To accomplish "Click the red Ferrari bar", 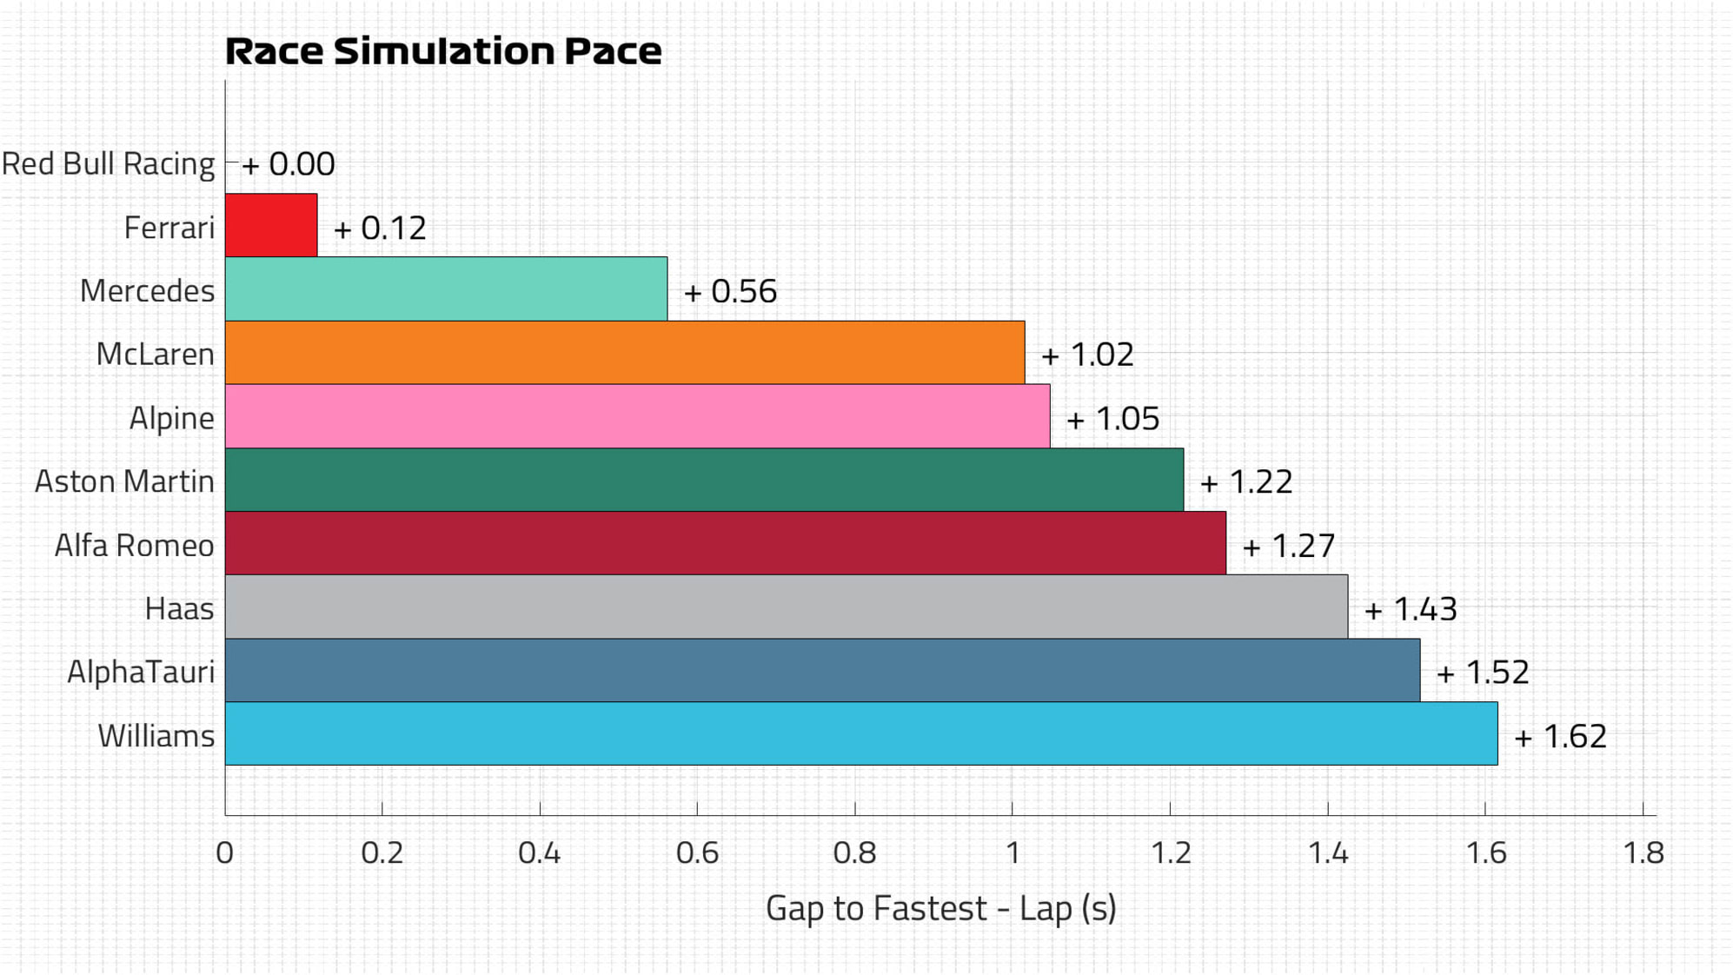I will coord(271,225).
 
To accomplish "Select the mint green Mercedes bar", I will coord(446,289).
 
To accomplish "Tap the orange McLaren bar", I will coord(624,353).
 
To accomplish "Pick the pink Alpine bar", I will coord(637,416).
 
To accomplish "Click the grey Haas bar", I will coord(786,607).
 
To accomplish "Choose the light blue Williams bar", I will coord(860,734).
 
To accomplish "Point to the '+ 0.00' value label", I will coord(289,164).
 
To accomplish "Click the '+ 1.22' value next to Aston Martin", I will coord(1246,481).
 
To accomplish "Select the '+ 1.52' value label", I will coord(1483,672).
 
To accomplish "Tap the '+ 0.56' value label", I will coord(730,291).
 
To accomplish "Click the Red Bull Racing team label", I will coord(108,164).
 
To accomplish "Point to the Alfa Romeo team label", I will coord(134,546).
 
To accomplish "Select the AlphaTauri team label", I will coord(141,672).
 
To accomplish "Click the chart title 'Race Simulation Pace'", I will coord(443,51).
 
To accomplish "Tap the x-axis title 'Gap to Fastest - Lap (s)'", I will coord(940,908).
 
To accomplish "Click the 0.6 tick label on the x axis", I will coord(697,852).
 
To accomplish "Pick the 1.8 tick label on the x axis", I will coord(1643,852).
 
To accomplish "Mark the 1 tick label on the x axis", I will coord(1013,852).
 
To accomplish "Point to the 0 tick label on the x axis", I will coord(224,852).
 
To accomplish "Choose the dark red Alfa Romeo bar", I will coord(725,543).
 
